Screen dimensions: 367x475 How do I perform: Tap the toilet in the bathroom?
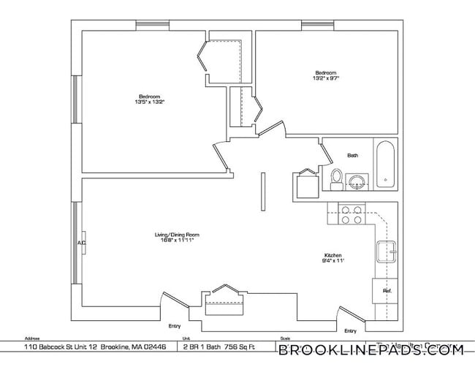click(336, 177)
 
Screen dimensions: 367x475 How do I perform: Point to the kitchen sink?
click(385, 251)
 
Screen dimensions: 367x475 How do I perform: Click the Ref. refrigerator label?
click(387, 291)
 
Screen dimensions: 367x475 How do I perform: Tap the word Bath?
click(352, 155)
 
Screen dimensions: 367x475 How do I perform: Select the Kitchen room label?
click(332, 255)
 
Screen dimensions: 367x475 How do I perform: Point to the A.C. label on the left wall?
click(81, 243)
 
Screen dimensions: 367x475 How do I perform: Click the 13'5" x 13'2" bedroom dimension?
click(150, 102)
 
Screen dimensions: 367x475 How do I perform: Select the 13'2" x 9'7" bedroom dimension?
click(325, 77)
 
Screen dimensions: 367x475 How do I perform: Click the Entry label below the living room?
click(174, 325)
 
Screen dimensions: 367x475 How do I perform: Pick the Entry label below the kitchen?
click(360, 330)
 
